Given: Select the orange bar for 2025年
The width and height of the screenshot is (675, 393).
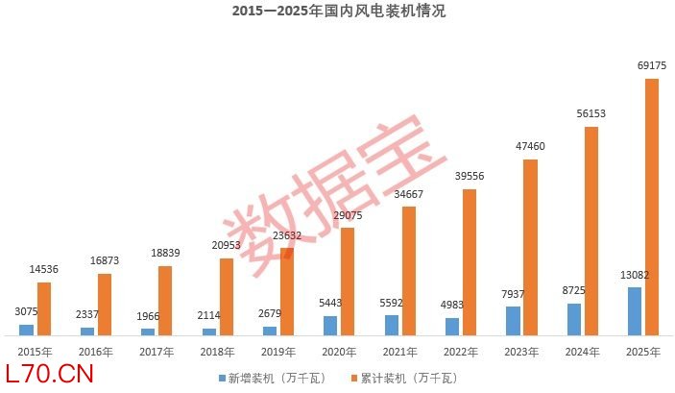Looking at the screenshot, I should pyautogui.click(x=651, y=206).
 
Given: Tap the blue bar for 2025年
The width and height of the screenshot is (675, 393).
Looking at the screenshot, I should pyautogui.click(x=634, y=310).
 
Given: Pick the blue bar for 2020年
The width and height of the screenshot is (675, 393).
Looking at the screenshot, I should pyautogui.click(x=330, y=325).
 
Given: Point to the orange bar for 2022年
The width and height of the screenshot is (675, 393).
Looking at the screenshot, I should pyautogui.click(x=469, y=261).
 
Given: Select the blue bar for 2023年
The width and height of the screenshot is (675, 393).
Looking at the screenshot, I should pyautogui.click(x=513, y=320).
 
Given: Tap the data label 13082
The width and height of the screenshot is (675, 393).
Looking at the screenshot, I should pyautogui.click(x=634, y=275).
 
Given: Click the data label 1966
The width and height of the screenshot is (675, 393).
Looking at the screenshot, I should pyautogui.click(x=147, y=316).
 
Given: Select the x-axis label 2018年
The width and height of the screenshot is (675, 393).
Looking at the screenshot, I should pyautogui.click(x=218, y=352).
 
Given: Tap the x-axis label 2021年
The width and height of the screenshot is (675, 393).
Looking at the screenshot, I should pyautogui.click(x=400, y=352).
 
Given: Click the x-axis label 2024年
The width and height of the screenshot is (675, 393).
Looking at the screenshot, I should pyautogui.click(x=583, y=352).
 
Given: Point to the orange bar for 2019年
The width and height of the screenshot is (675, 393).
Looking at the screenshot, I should pyautogui.click(x=287, y=291).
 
